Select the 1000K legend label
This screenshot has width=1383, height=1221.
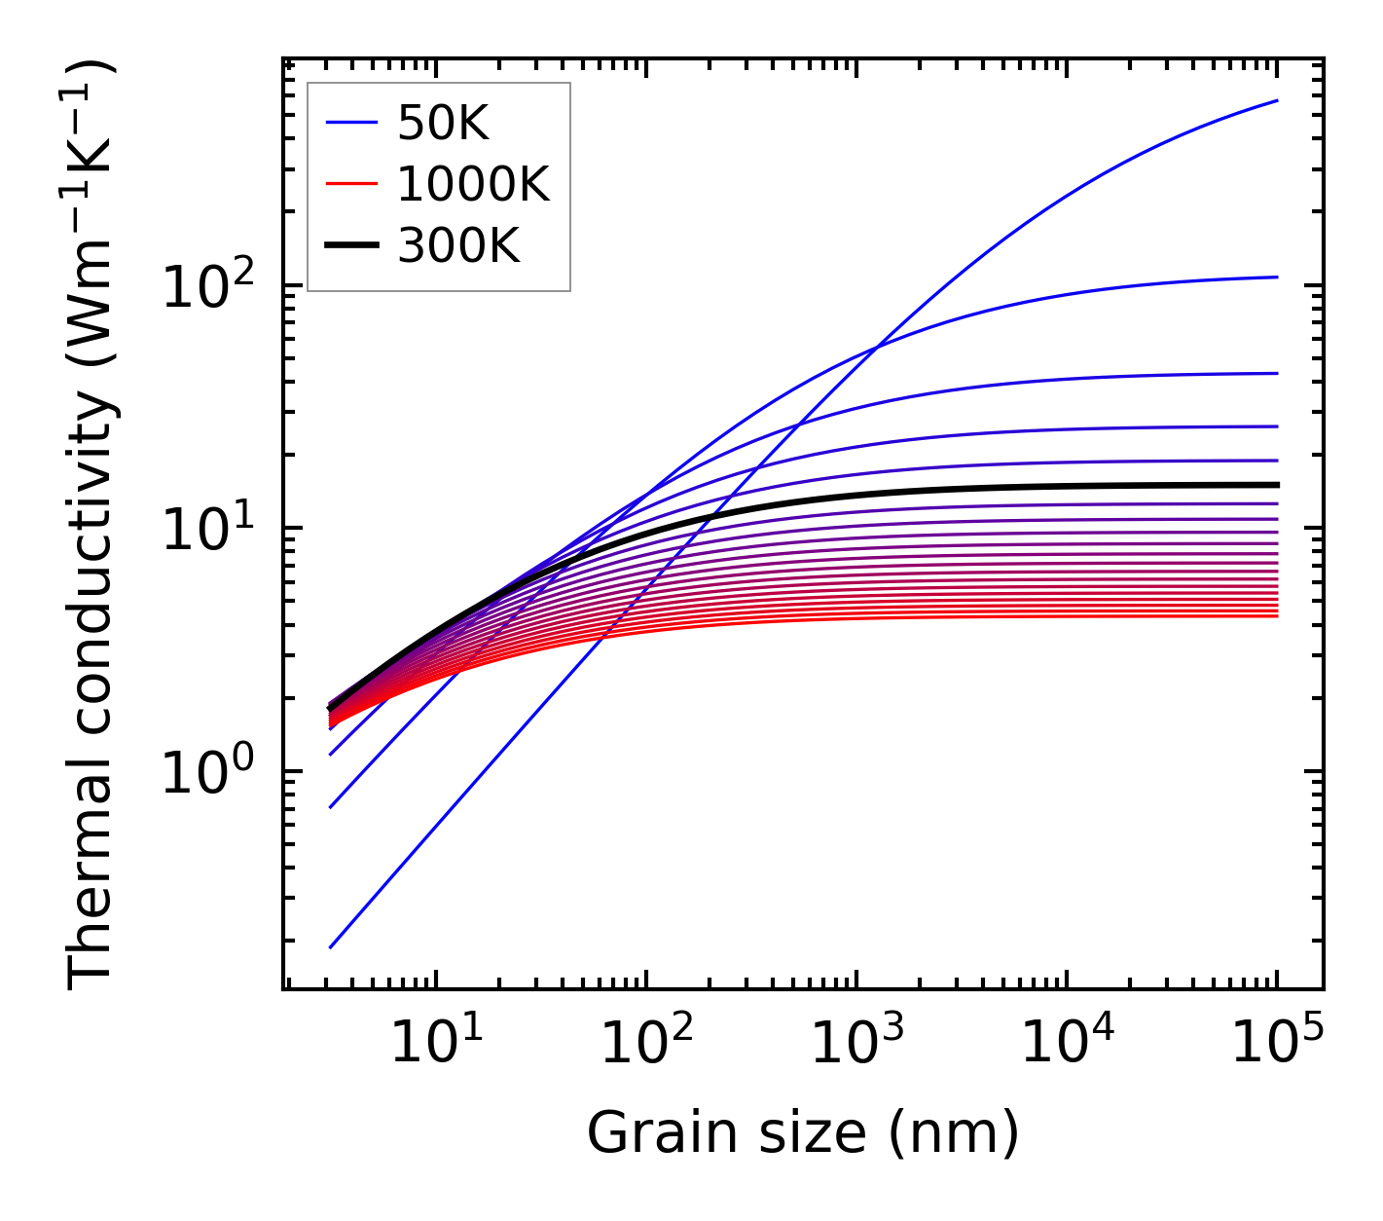coord(473,184)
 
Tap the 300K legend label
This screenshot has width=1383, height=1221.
coord(458,246)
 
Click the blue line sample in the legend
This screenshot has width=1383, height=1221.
coord(350,123)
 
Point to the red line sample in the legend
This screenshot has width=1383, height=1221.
coord(350,184)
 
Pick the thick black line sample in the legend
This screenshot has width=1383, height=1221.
coord(350,246)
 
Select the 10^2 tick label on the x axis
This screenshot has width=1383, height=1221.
coord(645,1044)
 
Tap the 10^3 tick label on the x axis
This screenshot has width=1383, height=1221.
coord(855,1044)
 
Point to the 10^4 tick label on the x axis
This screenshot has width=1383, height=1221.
coord(1066,1044)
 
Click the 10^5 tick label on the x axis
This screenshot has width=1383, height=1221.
coord(1276,1044)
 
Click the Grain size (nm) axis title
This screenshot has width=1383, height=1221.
coord(803,1133)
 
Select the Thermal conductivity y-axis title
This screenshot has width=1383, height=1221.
coord(91,526)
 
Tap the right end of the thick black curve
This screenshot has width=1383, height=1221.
coord(1276,485)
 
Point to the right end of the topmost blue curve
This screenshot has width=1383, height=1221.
coord(1276,100)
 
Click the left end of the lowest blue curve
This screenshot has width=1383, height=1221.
coord(331,946)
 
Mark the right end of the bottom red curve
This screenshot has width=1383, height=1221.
coord(1276,615)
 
